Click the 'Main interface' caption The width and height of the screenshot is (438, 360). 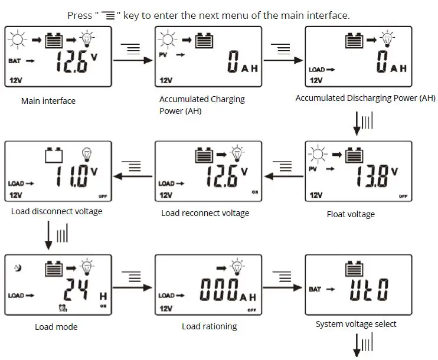pyautogui.click(x=48, y=101)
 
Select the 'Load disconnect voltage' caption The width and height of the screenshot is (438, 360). pyautogui.click(x=57, y=211)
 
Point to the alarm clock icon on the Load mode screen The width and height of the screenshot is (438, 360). pyautogui.click(x=62, y=307)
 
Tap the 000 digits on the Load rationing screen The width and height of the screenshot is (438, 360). pyautogui.click(x=218, y=290)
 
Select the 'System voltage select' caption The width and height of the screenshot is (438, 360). pyautogui.click(x=356, y=324)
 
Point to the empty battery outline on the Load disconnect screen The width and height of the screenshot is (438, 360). pyautogui.click(x=54, y=155)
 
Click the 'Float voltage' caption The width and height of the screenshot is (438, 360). pyautogui.click(x=351, y=214)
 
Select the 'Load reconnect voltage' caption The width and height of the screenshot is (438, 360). pyautogui.click(x=205, y=213)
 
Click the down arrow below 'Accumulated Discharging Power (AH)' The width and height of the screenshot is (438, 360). pyautogui.click(x=356, y=123)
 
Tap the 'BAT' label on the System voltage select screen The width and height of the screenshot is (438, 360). pyautogui.click(x=315, y=289)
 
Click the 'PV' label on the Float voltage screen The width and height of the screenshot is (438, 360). pyautogui.click(x=313, y=169)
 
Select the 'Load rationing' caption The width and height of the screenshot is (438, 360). pyautogui.click(x=209, y=326)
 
